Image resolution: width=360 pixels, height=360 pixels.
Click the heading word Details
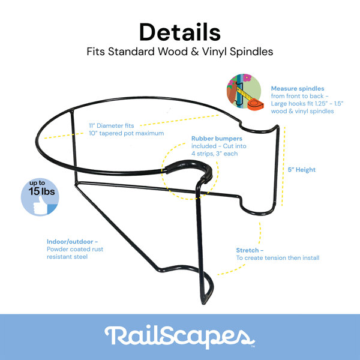(x=180, y=32)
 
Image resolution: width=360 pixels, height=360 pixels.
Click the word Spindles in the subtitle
(x=251, y=52)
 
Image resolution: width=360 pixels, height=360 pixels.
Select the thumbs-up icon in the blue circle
(x=41, y=205)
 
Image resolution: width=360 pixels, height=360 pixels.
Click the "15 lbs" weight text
(x=41, y=191)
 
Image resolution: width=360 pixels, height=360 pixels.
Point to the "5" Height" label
(x=301, y=170)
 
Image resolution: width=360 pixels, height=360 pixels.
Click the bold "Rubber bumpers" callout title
(x=217, y=139)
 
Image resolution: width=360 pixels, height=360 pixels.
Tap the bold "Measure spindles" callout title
(x=298, y=88)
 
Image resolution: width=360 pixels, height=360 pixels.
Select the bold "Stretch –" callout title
(x=250, y=250)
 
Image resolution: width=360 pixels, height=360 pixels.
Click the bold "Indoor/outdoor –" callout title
(x=73, y=242)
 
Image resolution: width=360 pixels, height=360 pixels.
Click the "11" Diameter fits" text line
(x=112, y=125)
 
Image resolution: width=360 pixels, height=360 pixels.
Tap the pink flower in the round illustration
(x=247, y=78)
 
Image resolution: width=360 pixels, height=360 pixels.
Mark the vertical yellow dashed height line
(x=284, y=166)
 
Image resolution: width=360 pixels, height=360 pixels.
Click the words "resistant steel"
(x=67, y=257)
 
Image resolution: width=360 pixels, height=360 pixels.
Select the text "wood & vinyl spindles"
(x=302, y=111)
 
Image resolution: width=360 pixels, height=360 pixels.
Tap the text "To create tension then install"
(x=278, y=258)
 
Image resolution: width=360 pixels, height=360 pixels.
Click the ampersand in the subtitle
(x=194, y=52)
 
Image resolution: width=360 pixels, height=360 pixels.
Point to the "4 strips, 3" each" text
(x=214, y=154)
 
